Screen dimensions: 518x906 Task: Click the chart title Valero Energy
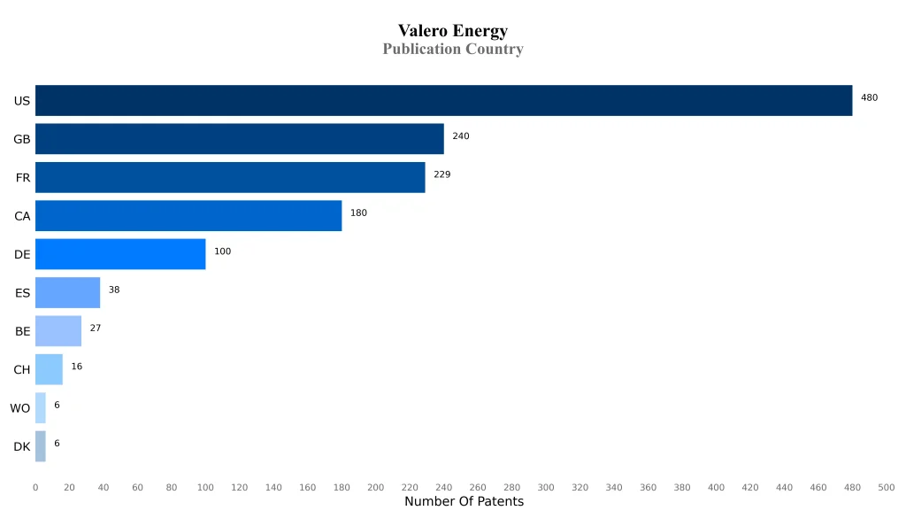[452, 31]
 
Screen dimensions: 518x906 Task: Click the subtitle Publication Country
[452, 50]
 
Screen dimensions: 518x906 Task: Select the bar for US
[443, 101]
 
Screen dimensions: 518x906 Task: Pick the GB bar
[239, 139]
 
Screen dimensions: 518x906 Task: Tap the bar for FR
[230, 177]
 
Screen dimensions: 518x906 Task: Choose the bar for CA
[188, 216]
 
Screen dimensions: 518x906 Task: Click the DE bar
[120, 254]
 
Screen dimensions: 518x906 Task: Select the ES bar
[67, 292]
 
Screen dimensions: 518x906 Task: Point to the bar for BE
[58, 331]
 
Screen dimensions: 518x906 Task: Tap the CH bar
[49, 369]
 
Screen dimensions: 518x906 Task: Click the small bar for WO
[41, 408]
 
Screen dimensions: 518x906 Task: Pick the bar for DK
[41, 446]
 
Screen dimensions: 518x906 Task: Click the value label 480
[869, 98]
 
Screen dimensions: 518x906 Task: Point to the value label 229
[441, 174]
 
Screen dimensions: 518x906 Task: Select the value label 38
[114, 290]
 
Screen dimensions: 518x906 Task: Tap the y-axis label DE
[22, 255]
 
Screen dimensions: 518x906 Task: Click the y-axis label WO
[20, 408]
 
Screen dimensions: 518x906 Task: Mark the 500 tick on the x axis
[886, 488]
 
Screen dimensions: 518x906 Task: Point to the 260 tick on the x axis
[478, 488]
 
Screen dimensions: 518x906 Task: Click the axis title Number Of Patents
[464, 502]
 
